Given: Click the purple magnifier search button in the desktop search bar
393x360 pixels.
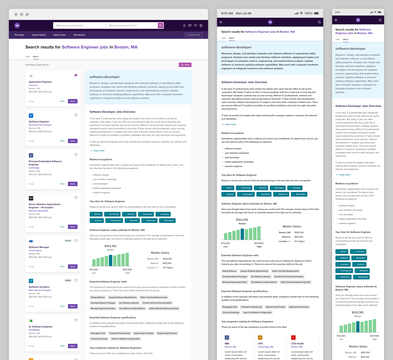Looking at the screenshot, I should [x=161, y=25].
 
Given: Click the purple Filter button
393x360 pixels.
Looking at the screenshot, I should [x=185, y=65].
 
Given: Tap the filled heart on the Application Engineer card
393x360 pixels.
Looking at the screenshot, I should [x=76, y=75].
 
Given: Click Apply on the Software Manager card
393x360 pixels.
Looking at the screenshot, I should [x=73, y=266].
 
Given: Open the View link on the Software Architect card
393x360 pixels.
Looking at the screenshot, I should [x=62, y=306].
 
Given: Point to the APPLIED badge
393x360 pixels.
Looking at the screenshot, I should [x=68, y=241].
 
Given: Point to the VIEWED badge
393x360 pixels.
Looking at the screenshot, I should [x=68, y=281].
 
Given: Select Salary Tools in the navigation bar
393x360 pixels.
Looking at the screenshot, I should [x=60, y=35].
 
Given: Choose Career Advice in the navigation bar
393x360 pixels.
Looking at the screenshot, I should [x=39, y=35].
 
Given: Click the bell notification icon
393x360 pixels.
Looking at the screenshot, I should [x=184, y=25].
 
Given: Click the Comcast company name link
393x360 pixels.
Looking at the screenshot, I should [x=33, y=85].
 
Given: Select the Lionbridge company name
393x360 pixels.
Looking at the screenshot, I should [x=34, y=168].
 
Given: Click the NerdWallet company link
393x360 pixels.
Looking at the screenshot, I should [x=34, y=330].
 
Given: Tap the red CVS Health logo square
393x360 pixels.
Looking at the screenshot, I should [x=293, y=338].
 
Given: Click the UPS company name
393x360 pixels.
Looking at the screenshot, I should [x=260, y=344].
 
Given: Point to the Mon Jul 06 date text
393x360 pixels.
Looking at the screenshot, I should [x=244, y=13].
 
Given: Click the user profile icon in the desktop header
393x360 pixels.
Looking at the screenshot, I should [x=201, y=25].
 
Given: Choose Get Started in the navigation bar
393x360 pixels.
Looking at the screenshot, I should [x=79, y=35].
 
